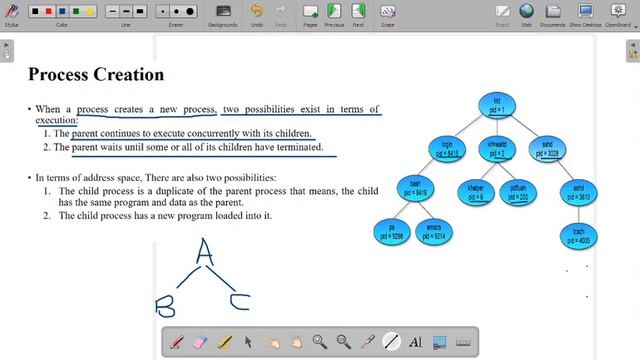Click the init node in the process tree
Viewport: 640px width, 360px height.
click(x=497, y=105)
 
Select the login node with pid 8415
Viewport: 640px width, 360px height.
click(x=447, y=149)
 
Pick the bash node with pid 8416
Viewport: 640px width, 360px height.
click(x=415, y=187)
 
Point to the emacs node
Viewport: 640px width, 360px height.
click(x=434, y=232)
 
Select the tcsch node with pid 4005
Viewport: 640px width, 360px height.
click(x=578, y=236)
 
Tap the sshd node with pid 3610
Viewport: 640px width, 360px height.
click(x=578, y=192)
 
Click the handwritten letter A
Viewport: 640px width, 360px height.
click(x=205, y=252)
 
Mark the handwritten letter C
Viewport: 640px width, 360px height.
click(x=239, y=299)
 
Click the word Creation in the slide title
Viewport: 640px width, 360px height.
click(x=126, y=74)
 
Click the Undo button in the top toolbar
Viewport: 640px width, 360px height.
click(x=257, y=14)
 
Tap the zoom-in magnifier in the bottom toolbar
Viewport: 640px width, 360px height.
click(x=320, y=341)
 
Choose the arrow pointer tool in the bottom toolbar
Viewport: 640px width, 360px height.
click(x=249, y=341)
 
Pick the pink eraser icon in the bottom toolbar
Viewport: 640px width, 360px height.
click(x=201, y=341)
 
